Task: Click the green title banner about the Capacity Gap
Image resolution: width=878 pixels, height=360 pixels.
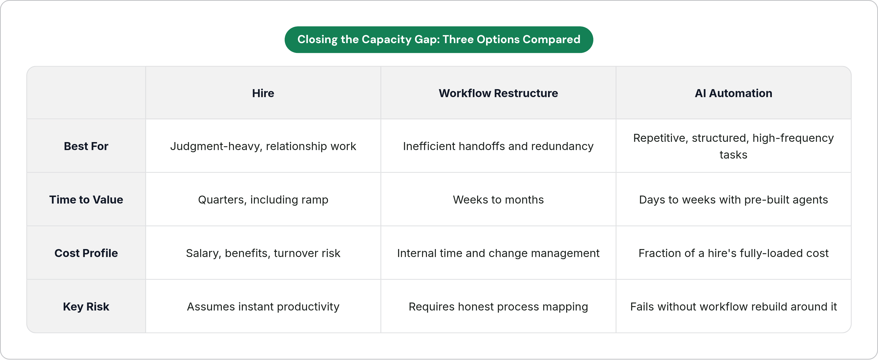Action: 439,40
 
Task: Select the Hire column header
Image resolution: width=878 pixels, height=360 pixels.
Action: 263,93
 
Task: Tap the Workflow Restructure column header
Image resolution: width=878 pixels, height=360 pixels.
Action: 498,93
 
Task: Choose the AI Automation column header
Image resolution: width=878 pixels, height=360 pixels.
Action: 734,93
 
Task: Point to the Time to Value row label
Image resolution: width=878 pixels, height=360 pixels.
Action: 86,200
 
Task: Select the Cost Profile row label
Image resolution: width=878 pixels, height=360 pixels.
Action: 86,253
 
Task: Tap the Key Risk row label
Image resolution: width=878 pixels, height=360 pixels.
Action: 86,307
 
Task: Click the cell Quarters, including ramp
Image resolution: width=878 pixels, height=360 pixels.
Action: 263,200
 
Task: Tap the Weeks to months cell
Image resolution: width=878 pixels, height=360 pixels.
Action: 498,200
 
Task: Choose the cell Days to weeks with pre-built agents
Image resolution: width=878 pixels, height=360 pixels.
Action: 734,200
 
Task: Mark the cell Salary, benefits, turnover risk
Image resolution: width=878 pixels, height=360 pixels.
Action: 263,253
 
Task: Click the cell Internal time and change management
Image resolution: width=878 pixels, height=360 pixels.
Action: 498,253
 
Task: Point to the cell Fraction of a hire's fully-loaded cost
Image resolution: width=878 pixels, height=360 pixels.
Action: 734,253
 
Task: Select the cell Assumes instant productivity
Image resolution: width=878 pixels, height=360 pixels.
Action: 263,307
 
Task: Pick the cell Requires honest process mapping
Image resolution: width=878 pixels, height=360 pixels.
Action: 498,307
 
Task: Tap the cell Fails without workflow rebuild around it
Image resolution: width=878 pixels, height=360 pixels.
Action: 734,307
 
